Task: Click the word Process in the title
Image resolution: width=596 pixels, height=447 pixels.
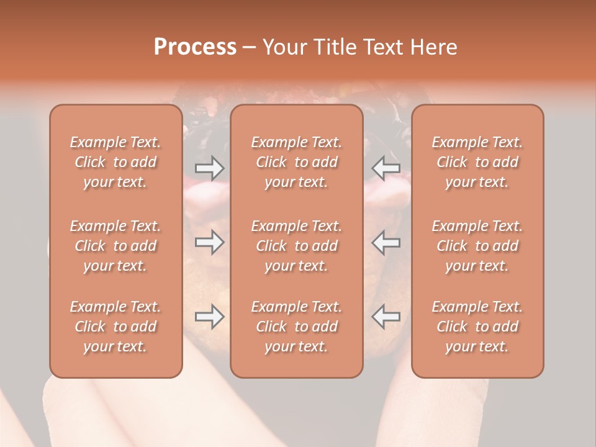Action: tap(195, 47)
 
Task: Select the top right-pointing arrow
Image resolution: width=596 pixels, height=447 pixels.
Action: tap(209, 168)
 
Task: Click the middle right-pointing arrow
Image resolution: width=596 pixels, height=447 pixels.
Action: tap(209, 242)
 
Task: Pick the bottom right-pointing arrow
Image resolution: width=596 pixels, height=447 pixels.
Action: tap(209, 317)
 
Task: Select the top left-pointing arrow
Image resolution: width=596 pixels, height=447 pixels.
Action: tap(386, 168)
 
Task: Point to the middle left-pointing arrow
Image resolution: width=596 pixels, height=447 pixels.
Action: tap(386, 242)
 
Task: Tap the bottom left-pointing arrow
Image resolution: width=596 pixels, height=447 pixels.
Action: tap(386, 317)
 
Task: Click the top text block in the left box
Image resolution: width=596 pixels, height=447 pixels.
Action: tap(115, 162)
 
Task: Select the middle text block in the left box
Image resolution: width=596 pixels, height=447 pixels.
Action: tap(115, 246)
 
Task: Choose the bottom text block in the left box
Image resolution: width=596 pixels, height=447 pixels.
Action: tap(115, 327)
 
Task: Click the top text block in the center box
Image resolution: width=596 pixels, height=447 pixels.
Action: tap(297, 162)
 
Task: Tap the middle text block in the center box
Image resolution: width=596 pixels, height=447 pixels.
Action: tap(297, 246)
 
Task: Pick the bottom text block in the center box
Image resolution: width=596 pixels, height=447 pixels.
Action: tap(297, 327)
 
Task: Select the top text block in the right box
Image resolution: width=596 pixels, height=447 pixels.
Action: tap(477, 162)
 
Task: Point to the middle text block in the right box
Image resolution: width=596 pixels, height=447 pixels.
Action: tap(477, 246)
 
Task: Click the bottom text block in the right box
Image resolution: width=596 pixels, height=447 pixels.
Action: tap(477, 327)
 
